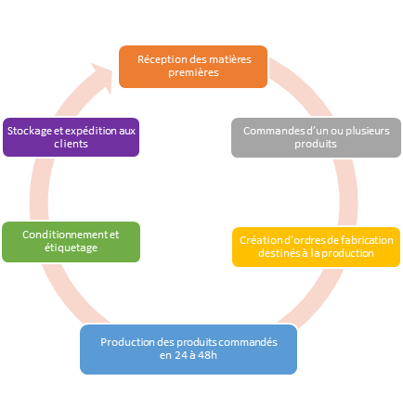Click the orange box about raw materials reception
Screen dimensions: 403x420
[x=193, y=67]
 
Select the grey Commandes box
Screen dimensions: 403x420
[x=316, y=137]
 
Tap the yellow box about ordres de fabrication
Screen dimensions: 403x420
[x=316, y=247]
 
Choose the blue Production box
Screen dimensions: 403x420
[x=188, y=350]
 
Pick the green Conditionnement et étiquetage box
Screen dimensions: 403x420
[x=71, y=242]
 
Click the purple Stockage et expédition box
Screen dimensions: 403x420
[x=71, y=137]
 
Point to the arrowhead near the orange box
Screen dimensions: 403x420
[x=102, y=77]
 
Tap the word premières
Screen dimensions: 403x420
[x=193, y=73]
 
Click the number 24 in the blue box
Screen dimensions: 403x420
[x=181, y=355]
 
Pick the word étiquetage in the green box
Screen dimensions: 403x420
[x=71, y=248]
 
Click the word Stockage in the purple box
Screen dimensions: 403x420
[x=30, y=132]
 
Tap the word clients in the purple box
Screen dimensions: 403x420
[x=71, y=145]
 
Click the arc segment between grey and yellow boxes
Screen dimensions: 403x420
[x=348, y=192]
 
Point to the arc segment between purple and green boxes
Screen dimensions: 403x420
[x=39, y=189]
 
